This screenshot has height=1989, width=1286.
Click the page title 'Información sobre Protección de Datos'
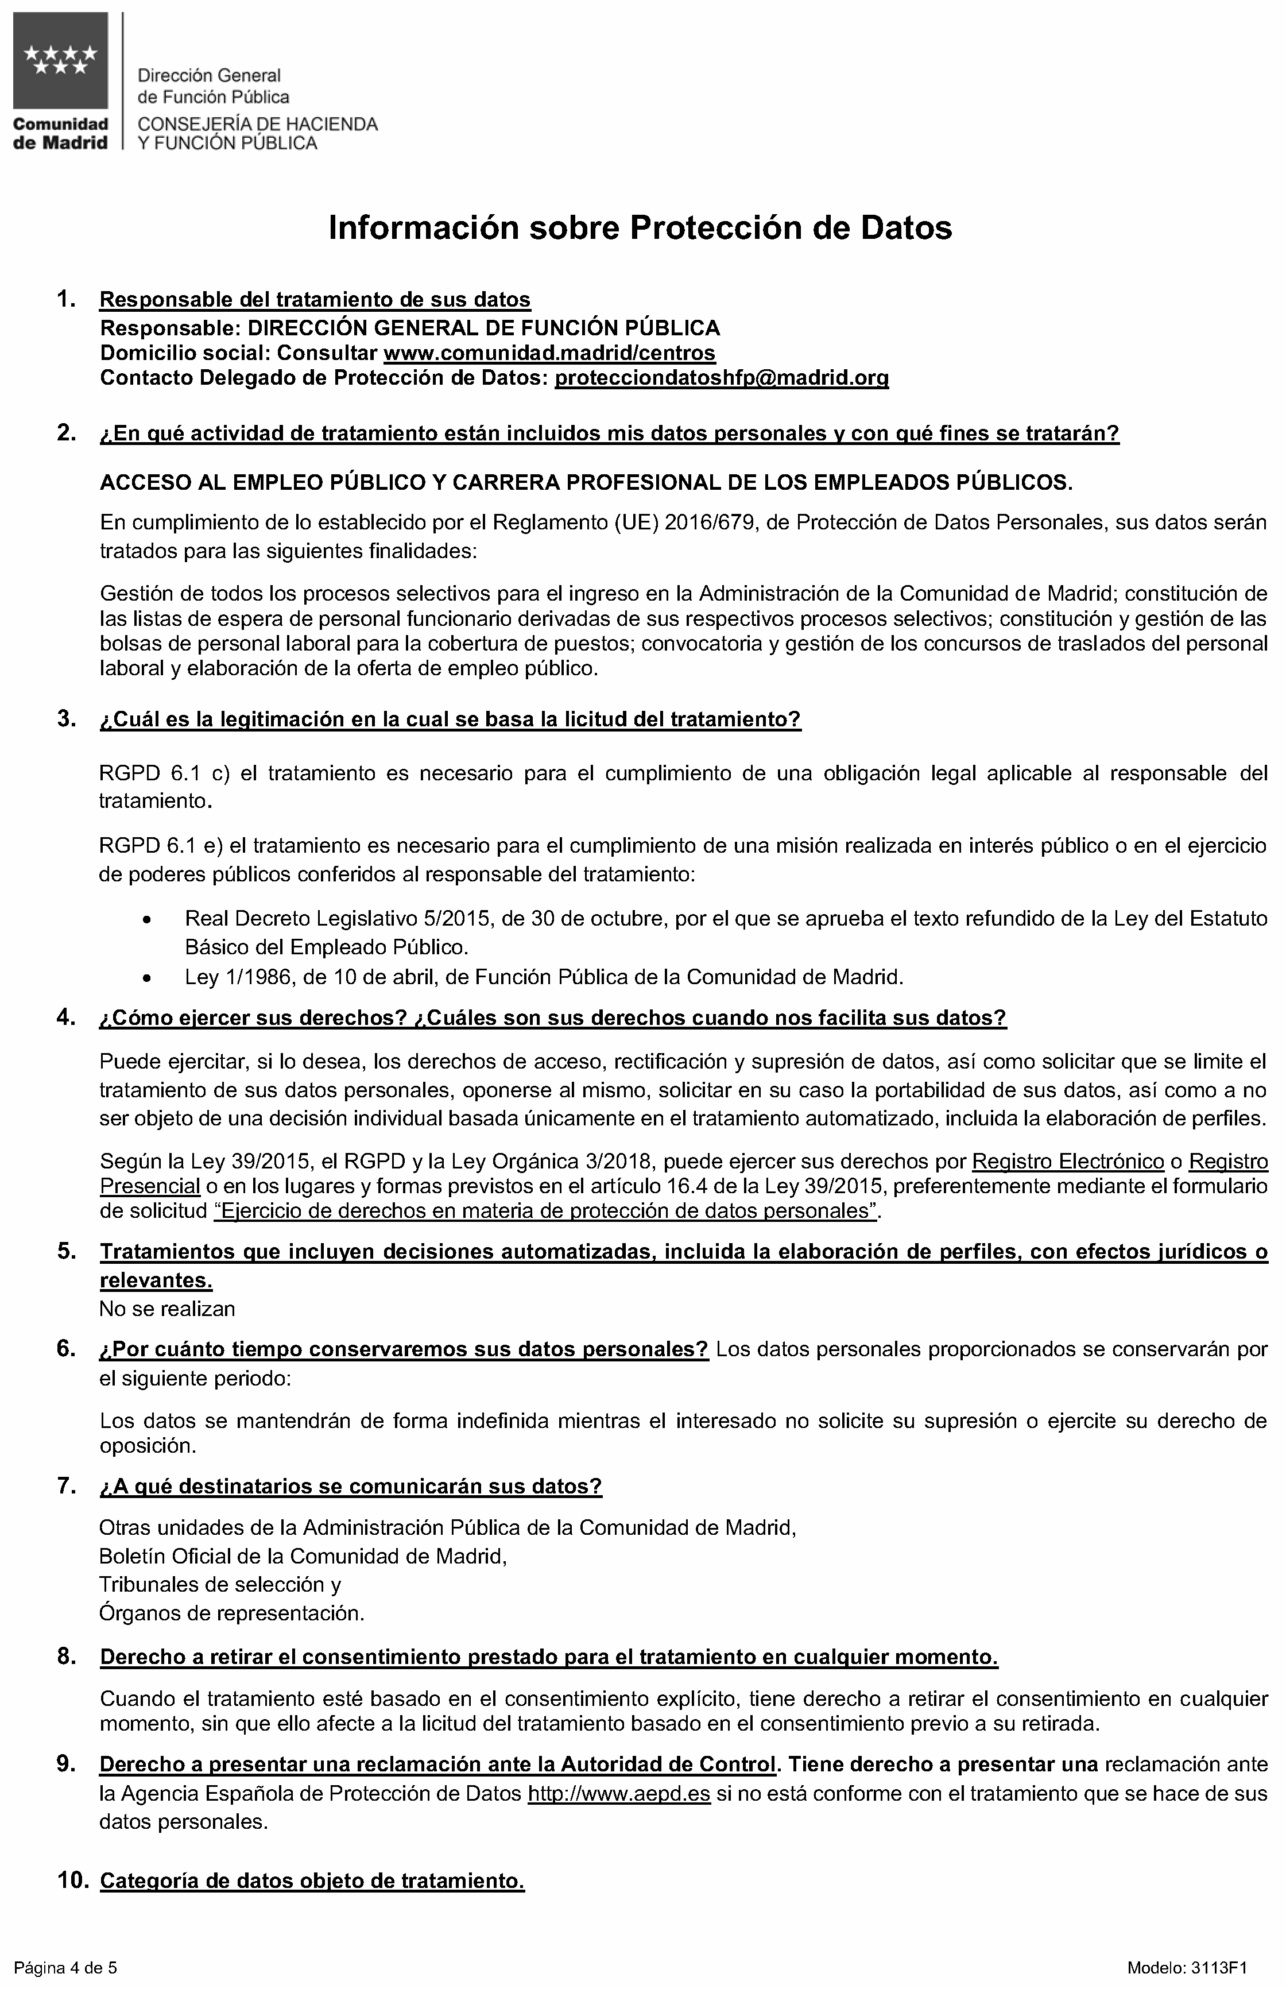pyautogui.click(x=640, y=228)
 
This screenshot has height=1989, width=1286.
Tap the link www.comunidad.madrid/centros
pyautogui.click(x=549, y=353)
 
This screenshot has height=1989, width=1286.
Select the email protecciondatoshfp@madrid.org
pyautogui.click(x=722, y=378)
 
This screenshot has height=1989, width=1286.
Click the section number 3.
pyautogui.click(x=67, y=719)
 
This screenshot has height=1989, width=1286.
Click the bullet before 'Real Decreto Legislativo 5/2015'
pyautogui.click(x=147, y=920)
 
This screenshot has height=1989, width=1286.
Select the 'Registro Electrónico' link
pyautogui.click(x=1068, y=1162)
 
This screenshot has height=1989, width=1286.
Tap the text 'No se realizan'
pyautogui.click(x=167, y=1309)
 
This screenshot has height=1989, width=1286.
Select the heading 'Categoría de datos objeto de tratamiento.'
pyautogui.click(x=312, y=1881)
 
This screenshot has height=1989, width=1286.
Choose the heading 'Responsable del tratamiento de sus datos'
pyautogui.click(x=315, y=299)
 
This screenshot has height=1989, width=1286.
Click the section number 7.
pyautogui.click(x=67, y=1487)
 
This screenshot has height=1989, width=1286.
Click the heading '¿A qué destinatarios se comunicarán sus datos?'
pyautogui.click(x=351, y=1487)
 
